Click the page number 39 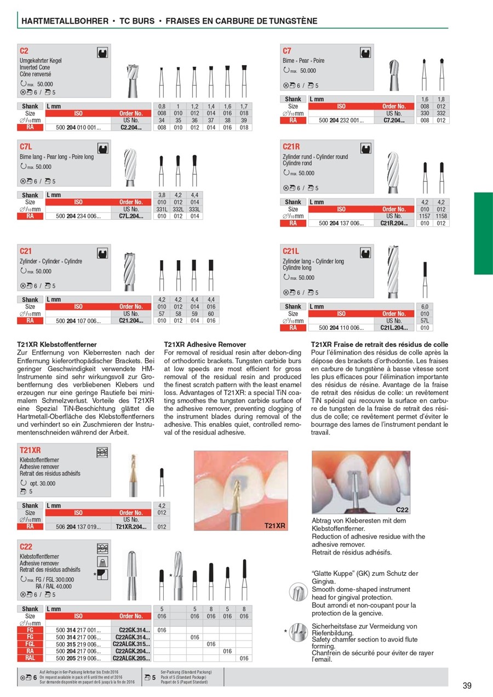pyautogui.click(x=467, y=685)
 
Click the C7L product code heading pyautogui.click(x=26, y=147)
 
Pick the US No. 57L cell pyautogui.click(x=425, y=321)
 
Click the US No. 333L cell pyautogui.click(x=194, y=209)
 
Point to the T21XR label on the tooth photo pyautogui.click(x=276, y=525)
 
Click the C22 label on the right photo pyautogui.click(x=401, y=510)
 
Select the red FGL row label pyautogui.click(x=30, y=644)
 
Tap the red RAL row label pyautogui.click(x=30, y=659)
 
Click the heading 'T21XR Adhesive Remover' pyautogui.click(x=205, y=345)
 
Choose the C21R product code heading pyautogui.click(x=291, y=147)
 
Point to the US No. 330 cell pyautogui.click(x=425, y=113)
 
